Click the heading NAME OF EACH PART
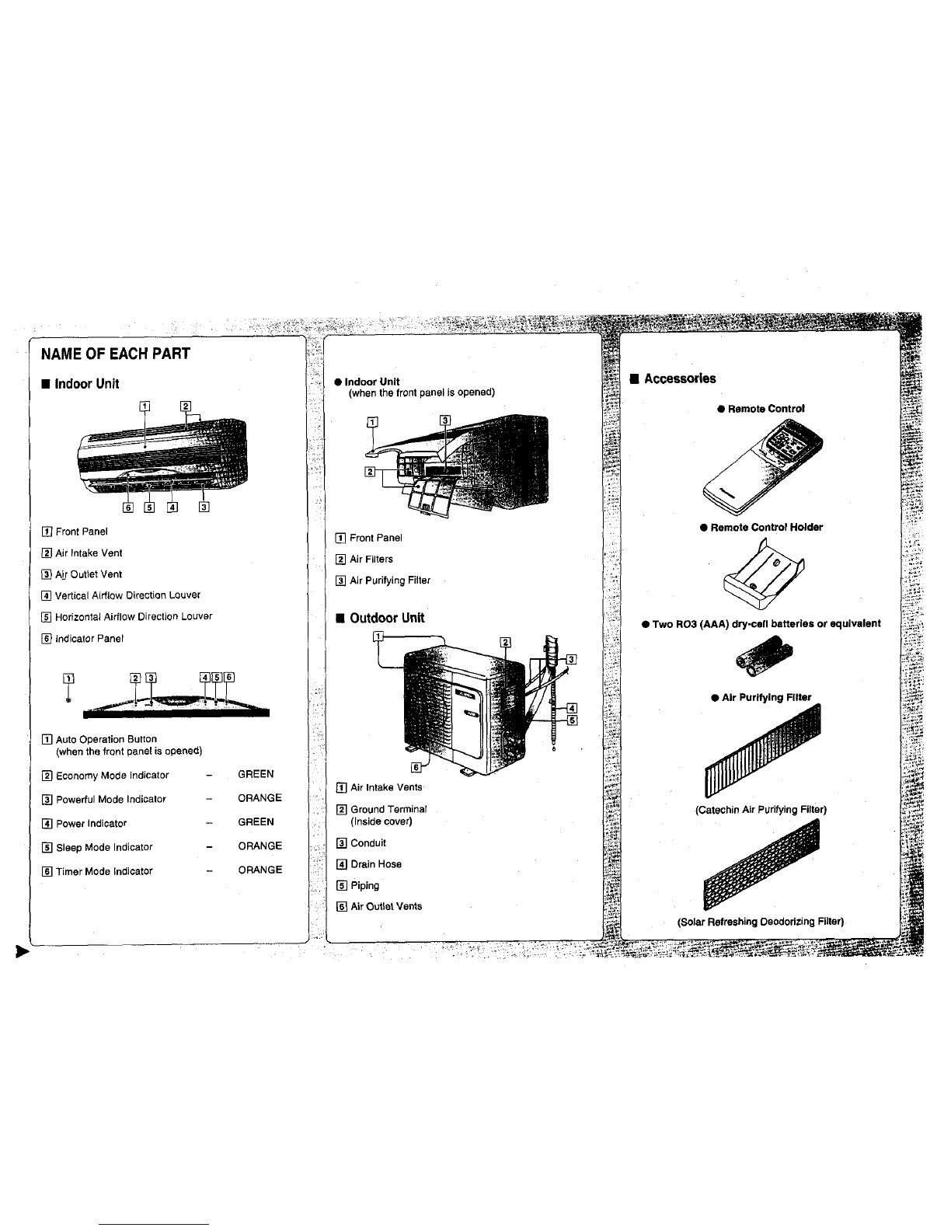pos(116,354)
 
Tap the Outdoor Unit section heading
pos(387,618)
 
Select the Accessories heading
pos(680,378)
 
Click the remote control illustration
pos(762,466)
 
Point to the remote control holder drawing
pos(764,574)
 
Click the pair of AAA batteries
pos(764,655)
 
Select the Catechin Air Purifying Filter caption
pos(761,810)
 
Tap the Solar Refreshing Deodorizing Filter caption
pos(761,922)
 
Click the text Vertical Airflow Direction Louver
pos(127,595)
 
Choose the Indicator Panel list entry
pos(89,639)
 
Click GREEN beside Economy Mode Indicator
pos(256,774)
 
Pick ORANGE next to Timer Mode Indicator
pos(260,870)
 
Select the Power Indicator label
pos(91,824)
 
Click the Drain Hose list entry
pos(376,864)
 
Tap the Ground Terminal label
pos(388,809)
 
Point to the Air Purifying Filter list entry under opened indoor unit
pos(390,580)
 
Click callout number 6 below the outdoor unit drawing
pos(416,767)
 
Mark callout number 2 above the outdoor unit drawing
pos(505,642)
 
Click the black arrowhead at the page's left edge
pos(22,951)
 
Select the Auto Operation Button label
pos(106,739)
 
